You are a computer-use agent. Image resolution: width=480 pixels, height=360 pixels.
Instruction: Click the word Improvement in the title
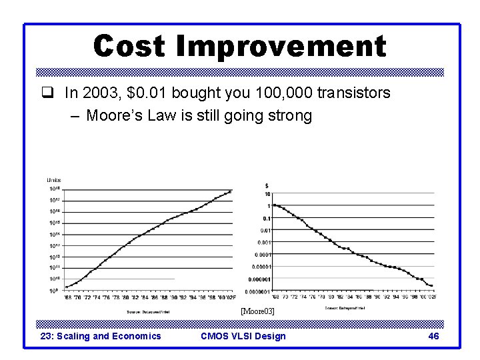click(x=280, y=46)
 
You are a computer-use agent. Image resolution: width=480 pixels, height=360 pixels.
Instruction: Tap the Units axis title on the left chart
click(x=54, y=180)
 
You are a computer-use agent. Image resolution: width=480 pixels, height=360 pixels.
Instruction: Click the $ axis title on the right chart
click(x=267, y=185)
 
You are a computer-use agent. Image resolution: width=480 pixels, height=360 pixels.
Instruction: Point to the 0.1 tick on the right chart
click(x=266, y=218)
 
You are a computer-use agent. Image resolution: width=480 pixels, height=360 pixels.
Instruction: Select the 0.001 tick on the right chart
click(x=264, y=242)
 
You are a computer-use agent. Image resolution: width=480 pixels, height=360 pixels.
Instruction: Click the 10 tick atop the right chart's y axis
click(x=267, y=194)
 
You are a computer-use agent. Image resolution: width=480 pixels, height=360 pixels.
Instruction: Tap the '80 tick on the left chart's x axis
click(x=125, y=298)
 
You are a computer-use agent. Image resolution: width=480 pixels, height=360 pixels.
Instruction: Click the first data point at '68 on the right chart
click(x=275, y=205)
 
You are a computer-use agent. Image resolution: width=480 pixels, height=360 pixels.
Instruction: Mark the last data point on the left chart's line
click(x=230, y=191)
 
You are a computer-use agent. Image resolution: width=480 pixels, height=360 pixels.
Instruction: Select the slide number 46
click(x=433, y=336)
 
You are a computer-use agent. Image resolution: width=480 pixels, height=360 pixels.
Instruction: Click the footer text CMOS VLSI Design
click(x=243, y=336)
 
